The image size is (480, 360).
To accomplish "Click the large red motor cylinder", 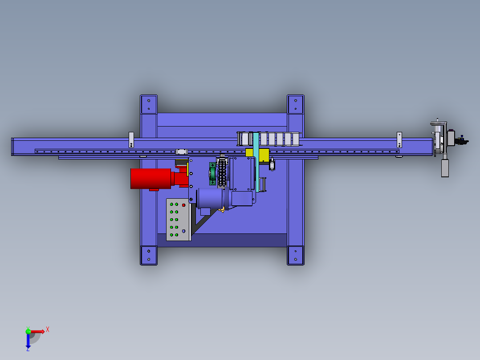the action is [151, 178].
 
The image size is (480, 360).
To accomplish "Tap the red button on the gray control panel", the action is [183, 205].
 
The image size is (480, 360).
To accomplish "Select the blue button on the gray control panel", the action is [183, 231].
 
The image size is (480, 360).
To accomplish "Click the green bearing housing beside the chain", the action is [212, 174].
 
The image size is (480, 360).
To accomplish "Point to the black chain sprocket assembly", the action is [222, 173].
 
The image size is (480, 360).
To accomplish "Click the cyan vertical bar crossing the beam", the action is [256, 162].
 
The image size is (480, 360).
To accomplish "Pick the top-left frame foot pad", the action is [149, 104].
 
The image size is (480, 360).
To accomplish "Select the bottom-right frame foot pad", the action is [295, 255].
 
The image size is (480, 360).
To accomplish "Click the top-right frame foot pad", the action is [295, 104].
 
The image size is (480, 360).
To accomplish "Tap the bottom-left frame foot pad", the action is [149, 255].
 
